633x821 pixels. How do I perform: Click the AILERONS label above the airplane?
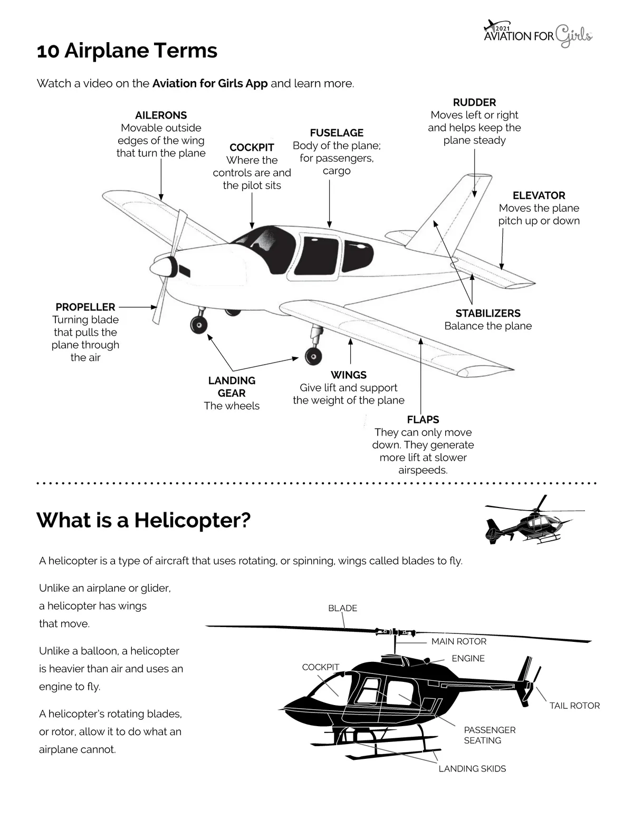[x=161, y=115]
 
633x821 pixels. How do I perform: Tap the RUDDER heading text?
[x=474, y=102]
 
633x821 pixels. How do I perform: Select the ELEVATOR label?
[x=539, y=196]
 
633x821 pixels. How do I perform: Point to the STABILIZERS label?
[x=488, y=314]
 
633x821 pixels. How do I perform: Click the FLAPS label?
[x=423, y=420]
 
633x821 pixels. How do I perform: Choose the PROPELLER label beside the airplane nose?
[x=85, y=307]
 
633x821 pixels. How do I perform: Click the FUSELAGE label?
[x=337, y=133]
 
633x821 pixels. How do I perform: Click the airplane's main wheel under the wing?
[x=313, y=356]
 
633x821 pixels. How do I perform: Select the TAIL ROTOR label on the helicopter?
[x=574, y=706]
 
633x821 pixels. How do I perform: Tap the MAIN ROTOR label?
[x=458, y=641]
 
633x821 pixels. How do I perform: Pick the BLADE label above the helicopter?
[x=342, y=608]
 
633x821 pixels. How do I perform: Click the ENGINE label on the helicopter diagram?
[x=468, y=658]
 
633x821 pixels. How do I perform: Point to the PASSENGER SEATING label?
[x=490, y=735]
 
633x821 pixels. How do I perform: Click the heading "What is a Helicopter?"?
[x=143, y=520]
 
